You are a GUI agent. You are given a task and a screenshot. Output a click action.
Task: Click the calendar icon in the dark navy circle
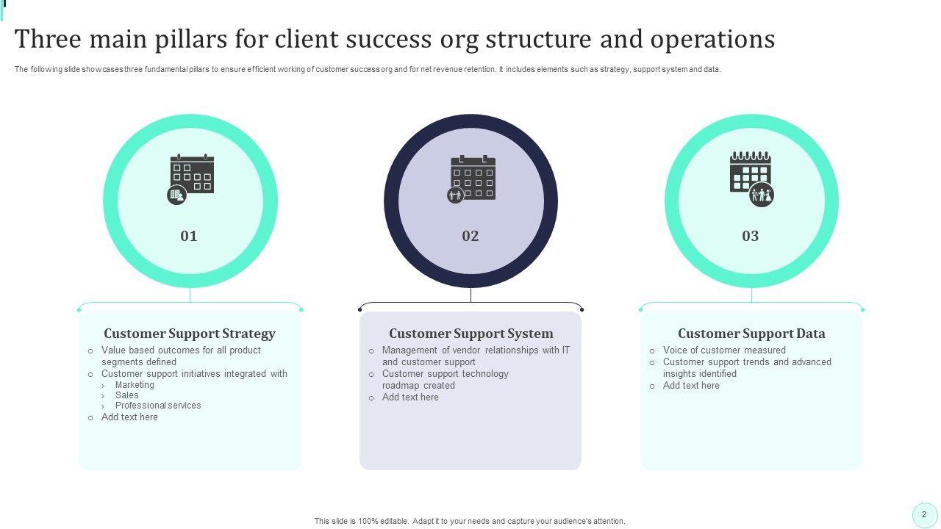pyautogui.click(x=472, y=178)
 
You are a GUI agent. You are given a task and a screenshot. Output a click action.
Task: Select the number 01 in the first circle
pyautogui.click(x=189, y=236)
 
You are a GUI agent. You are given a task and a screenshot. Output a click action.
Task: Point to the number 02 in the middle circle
pyautogui.click(x=470, y=236)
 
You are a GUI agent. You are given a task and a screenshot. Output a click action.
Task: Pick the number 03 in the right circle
pyautogui.click(x=751, y=236)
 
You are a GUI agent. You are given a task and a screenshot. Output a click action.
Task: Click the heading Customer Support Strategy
pyautogui.click(x=190, y=334)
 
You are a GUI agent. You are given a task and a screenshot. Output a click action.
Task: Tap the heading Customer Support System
pyautogui.click(x=470, y=334)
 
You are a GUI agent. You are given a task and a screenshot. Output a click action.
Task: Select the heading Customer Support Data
pyautogui.click(x=751, y=334)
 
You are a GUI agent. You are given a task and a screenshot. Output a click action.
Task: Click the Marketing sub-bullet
pyautogui.click(x=135, y=385)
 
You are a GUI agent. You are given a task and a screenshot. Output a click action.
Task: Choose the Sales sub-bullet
pyautogui.click(x=126, y=395)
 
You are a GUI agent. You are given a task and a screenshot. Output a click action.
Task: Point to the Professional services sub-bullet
pyautogui.click(x=158, y=406)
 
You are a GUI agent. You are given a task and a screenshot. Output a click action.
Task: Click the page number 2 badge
pyautogui.click(x=924, y=515)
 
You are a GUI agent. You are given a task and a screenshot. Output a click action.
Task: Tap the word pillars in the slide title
pyautogui.click(x=190, y=39)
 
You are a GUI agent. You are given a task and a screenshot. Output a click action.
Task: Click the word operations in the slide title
pyautogui.click(x=712, y=39)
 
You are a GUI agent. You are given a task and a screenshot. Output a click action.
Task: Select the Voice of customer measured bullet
pyautogui.click(x=724, y=350)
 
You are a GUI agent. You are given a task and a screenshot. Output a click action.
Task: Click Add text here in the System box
pyautogui.click(x=410, y=397)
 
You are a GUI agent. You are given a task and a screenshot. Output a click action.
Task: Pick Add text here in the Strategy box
pyautogui.click(x=129, y=417)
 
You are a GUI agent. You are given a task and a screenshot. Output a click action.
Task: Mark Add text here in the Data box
pyautogui.click(x=691, y=386)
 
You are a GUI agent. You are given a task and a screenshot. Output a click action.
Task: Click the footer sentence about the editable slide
pyautogui.click(x=470, y=522)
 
